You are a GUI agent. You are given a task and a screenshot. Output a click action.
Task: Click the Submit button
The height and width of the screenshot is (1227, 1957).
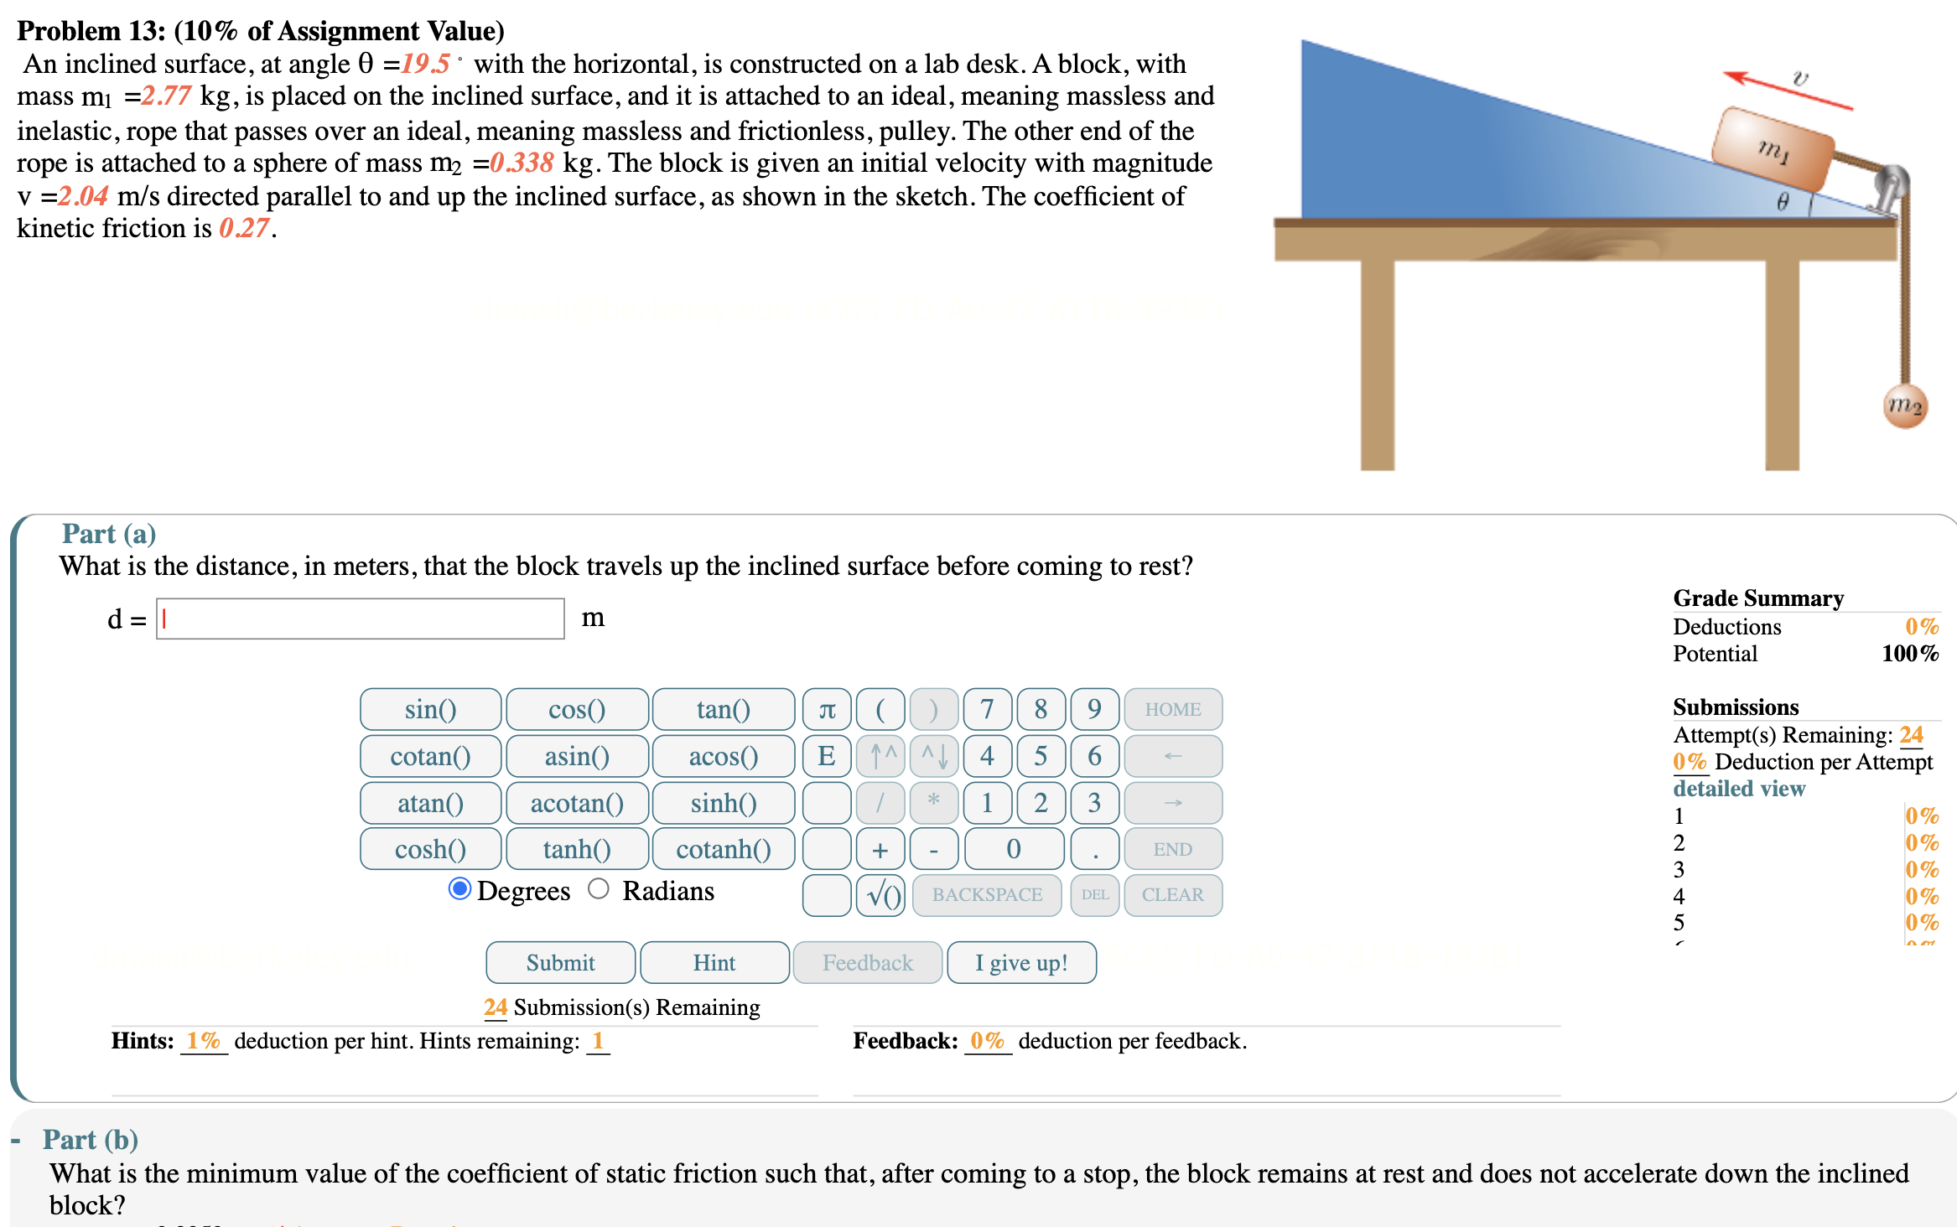tap(560, 962)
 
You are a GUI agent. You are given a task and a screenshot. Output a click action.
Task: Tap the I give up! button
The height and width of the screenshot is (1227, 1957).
tap(1020, 962)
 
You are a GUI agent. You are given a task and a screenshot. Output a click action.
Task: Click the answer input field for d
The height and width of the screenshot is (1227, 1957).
tap(361, 619)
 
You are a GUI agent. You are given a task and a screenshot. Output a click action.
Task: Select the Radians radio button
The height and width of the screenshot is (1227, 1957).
tap(599, 888)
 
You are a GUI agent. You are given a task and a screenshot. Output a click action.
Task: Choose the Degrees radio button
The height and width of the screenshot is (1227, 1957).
tap(459, 888)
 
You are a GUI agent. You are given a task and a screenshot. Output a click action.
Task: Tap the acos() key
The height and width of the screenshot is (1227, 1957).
tap(723, 756)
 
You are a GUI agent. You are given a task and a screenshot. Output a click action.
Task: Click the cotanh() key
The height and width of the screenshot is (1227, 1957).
tap(723, 849)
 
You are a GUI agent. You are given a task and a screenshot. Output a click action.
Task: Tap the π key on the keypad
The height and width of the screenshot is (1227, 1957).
tap(827, 709)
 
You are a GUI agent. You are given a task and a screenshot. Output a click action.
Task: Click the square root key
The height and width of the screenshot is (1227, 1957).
tap(880, 895)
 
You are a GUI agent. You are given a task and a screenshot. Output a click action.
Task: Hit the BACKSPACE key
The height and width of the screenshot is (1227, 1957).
tap(987, 895)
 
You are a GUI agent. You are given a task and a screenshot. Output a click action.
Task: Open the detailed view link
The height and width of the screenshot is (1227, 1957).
tap(1739, 789)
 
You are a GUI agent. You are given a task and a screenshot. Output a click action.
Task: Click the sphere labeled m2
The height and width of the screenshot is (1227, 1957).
tap(1905, 406)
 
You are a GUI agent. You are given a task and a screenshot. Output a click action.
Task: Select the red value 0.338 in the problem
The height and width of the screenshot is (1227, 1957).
tap(522, 163)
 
